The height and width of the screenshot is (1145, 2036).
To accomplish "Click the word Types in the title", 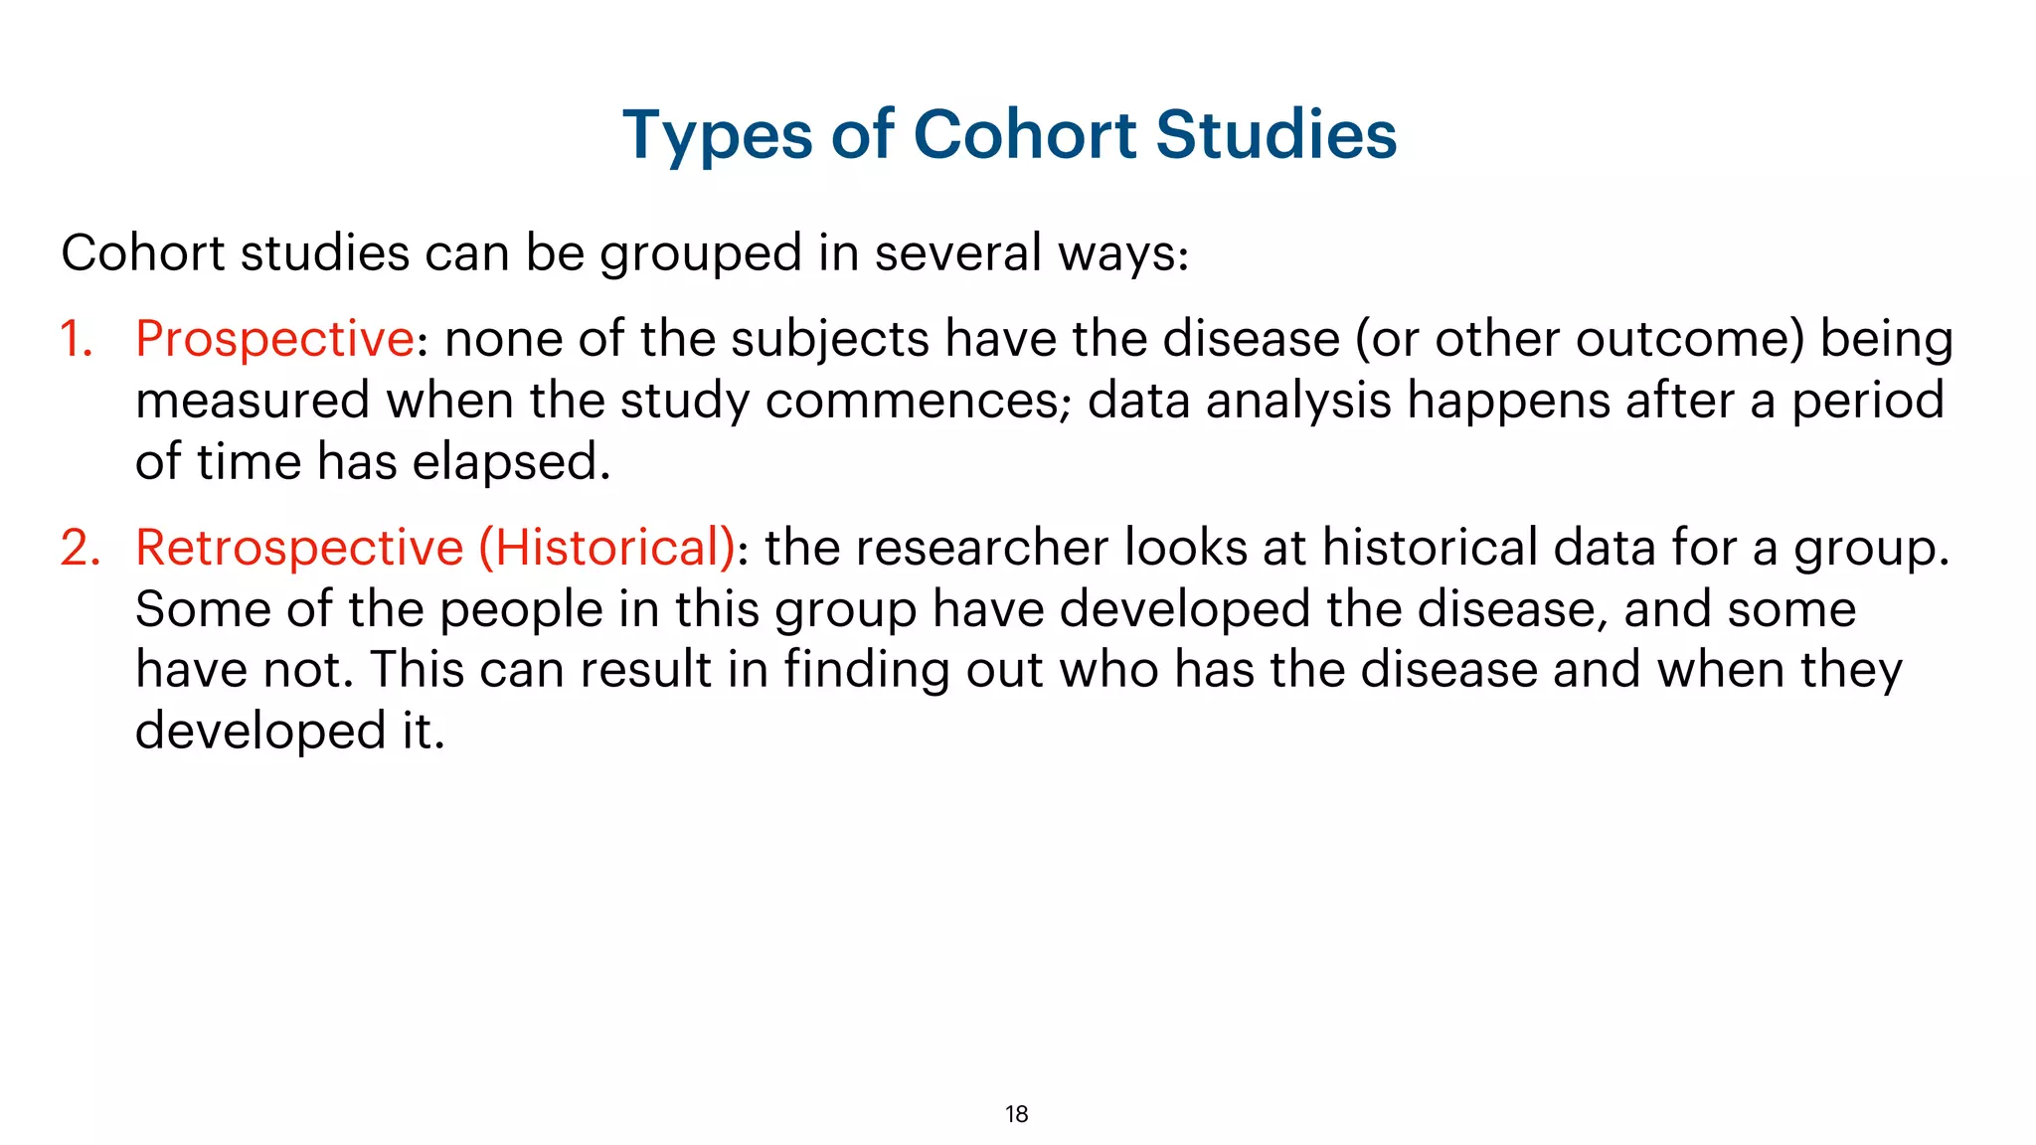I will (718, 135).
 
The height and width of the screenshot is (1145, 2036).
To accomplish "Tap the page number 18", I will (1016, 1114).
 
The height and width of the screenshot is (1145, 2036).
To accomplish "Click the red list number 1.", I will (76, 339).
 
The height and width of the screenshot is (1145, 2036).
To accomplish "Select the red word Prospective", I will (274, 339).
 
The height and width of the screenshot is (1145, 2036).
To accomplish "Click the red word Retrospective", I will (299, 548).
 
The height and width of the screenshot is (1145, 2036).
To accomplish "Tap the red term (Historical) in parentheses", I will (607, 548).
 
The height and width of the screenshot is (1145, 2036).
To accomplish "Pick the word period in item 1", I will (1867, 401).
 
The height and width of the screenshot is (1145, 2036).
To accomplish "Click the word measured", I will (253, 401).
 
